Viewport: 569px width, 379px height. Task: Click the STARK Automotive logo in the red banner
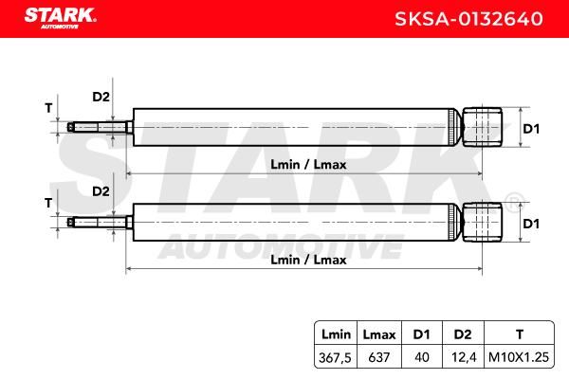pos(61,18)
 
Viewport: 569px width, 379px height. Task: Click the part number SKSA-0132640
pos(468,19)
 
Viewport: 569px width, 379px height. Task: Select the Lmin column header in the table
pos(336,334)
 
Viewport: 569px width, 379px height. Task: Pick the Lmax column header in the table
pos(379,334)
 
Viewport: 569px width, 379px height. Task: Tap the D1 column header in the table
pos(421,334)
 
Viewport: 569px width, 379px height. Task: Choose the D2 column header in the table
pos(463,334)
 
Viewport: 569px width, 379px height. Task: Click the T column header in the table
pos(520,334)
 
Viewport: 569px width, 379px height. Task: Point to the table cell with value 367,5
pos(335,357)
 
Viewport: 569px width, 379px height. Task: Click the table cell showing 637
pos(378,357)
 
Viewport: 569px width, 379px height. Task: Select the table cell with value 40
pos(422,357)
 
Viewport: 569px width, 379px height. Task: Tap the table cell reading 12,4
pos(464,357)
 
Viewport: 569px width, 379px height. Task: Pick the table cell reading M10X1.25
pos(519,357)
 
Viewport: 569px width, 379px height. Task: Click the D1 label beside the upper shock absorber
pos(531,129)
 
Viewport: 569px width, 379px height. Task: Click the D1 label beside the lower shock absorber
pos(531,224)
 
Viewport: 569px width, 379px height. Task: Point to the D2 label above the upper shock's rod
pos(101,97)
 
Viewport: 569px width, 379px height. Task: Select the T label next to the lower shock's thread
pos(48,203)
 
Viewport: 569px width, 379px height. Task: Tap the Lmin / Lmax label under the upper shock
pos(308,165)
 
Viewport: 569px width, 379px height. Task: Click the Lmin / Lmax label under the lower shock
pos(308,260)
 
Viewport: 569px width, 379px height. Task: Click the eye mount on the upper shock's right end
pos(483,127)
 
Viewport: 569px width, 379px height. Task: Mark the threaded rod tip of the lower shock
pos(70,222)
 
